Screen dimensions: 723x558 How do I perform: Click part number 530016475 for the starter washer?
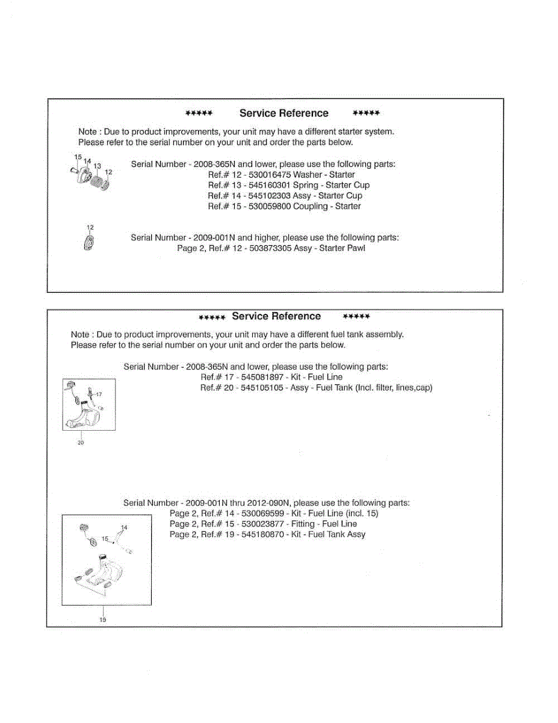pyautogui.click(x=270, y=175)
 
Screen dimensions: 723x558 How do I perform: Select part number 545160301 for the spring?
pyautogui.click(x=270, y=185)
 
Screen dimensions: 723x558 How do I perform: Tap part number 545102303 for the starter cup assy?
pyautogui.click(x=270, y=196)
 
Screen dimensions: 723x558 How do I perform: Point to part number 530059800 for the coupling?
pyautogui.click(x=270, y=206)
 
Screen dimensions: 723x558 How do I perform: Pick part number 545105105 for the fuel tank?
pyautogui.click(x=262, y=387)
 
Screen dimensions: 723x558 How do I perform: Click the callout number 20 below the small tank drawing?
pyautogui.click(x=81, y=442)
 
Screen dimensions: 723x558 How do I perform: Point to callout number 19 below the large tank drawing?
pyautogui.click(x=103, y=620)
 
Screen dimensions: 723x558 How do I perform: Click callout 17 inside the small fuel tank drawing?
pyautogui.click(x=99, y=394)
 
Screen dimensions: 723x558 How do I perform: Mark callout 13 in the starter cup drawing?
pyautogui.click(x=98, y=166)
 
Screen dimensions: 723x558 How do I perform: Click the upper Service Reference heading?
pyautogui.click(x=284, y=113)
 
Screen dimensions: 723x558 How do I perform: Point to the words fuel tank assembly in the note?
pyautogui.click(x=368, y=334)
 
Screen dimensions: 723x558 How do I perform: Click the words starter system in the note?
pyautogui.click(x=367, y=131)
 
